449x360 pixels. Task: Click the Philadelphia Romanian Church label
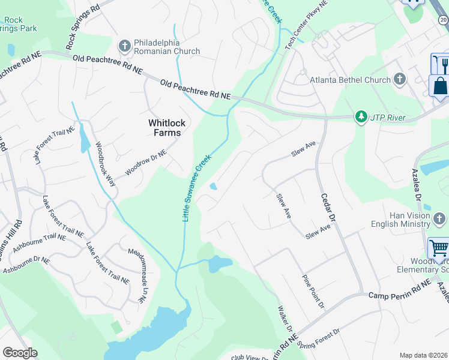(167, 47)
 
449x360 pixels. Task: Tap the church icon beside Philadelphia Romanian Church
(125, 45)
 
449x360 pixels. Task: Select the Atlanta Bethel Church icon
(400, 80)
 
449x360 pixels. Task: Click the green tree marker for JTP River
(361, 117)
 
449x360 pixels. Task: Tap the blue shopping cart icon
(439, 247)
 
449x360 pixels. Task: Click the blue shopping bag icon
(440, 85)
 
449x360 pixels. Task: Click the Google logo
(20, 353)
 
